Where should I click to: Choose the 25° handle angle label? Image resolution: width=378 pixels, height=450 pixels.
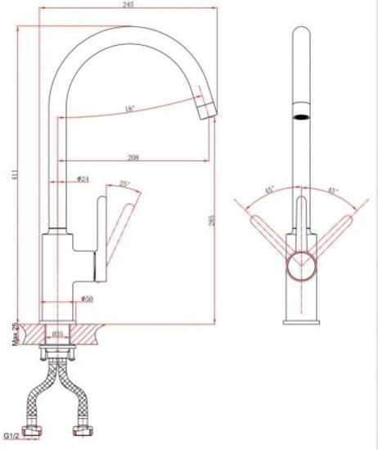[124, 185]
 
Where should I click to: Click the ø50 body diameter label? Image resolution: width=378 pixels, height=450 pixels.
[87, 299]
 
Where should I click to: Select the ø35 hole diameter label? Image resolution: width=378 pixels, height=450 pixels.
[59, 334]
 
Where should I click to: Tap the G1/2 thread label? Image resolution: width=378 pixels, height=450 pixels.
[11, 437]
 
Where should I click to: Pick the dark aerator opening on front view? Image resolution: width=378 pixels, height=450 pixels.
[302, 116]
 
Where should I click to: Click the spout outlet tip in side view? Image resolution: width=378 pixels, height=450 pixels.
[206, 108]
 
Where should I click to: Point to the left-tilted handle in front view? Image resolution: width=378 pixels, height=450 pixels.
[270, 231]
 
